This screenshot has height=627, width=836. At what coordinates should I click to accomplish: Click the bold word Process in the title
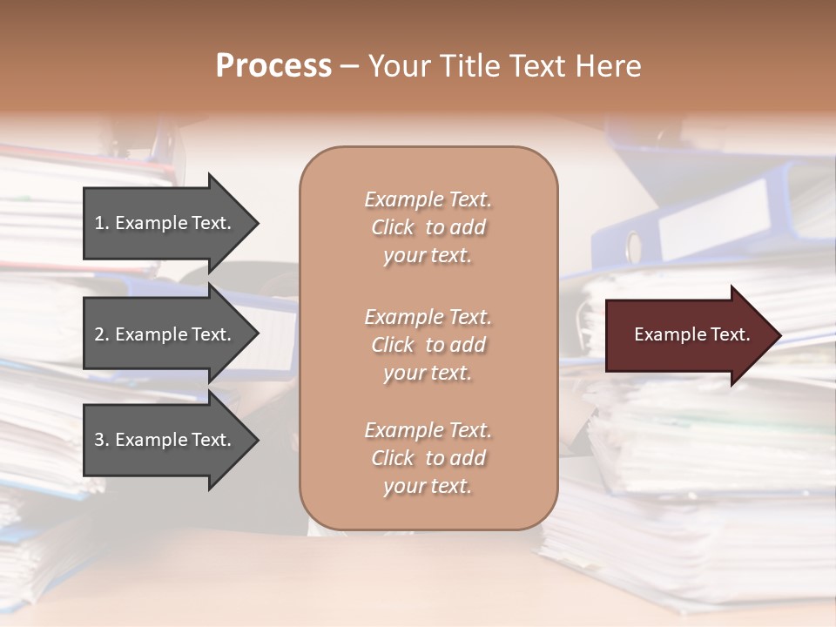point(273,66)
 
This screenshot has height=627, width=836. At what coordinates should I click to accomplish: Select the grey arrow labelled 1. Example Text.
point(165,224)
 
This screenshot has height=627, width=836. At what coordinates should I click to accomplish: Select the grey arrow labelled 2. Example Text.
point(165,334)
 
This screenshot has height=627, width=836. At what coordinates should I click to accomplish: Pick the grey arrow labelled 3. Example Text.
point(165,440)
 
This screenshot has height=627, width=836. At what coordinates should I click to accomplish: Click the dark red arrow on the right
point(688,335)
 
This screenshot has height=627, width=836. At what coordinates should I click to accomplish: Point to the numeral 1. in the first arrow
point(102,223)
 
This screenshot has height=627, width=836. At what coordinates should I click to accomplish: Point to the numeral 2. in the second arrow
point(102,334)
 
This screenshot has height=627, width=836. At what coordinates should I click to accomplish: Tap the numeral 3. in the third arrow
point(102,440)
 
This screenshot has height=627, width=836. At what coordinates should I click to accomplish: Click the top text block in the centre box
point(428,227)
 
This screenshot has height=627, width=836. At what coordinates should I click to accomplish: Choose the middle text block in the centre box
point(428,345)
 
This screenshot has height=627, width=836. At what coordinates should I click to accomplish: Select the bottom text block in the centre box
point(428,458)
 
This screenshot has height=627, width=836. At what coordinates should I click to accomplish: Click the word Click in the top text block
point(393,227)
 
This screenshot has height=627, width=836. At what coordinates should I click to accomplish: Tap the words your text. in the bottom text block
point(428,486)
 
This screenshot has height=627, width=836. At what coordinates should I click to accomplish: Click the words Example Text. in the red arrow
point(691,334)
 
